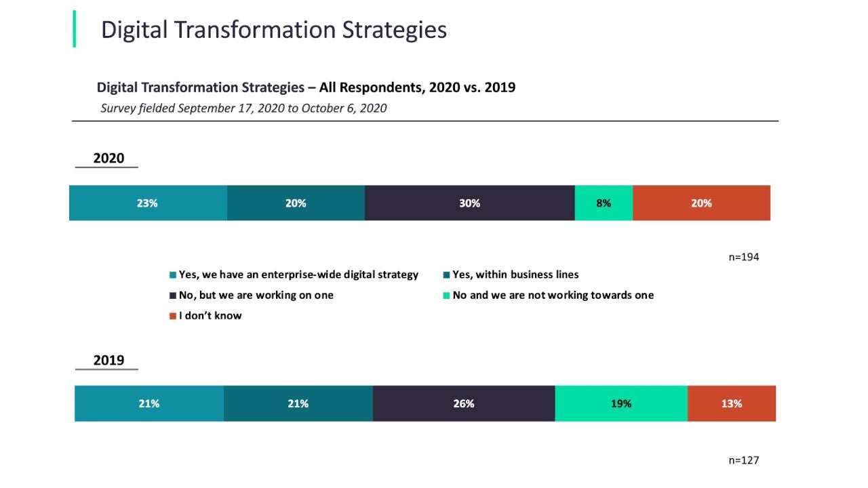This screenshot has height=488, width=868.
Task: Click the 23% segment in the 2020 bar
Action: tap(148, 203)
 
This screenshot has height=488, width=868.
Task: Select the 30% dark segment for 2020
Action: tap(469, 203)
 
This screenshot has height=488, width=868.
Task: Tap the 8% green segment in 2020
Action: tap(604, 203)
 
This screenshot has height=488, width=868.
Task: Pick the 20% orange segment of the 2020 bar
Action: tap(701, 203)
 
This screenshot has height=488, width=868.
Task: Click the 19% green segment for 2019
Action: tap(620, 403)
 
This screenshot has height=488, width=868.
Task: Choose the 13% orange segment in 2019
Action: tap(731, 403)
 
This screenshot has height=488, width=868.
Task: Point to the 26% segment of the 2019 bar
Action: tap(463, 403)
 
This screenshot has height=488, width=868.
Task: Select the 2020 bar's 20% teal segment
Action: tap(296, 203)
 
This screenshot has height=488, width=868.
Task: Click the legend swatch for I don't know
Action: tap(173, 316)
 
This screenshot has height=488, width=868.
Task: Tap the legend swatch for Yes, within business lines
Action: tap(447, 275)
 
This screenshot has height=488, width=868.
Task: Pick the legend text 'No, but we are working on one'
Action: tap(256, 296)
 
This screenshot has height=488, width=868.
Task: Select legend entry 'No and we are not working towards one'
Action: tap(553, 296)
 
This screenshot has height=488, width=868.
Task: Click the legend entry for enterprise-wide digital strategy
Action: tap(298, 275)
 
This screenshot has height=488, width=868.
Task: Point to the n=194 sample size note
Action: tap(743, 257)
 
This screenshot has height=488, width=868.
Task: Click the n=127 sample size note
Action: tap(743, 460)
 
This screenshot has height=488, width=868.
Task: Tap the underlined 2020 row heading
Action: tap(108, 158)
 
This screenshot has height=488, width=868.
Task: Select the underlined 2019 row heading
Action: tap(108, 360)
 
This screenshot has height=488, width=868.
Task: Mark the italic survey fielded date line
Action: tap(243, 108)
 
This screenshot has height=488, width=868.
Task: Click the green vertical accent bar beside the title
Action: tap(74, 29)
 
